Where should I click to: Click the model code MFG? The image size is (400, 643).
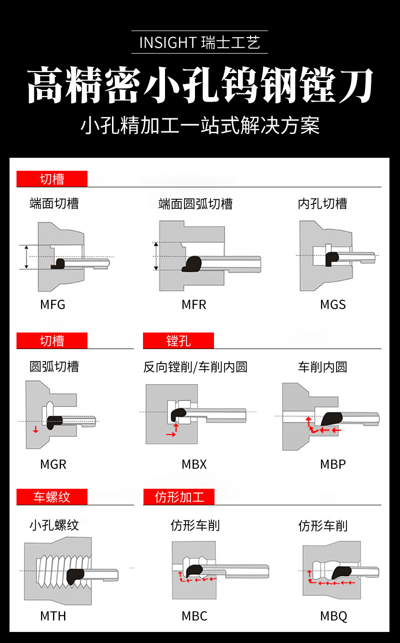coord(52,304)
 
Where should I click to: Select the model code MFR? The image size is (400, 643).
coord(194,304)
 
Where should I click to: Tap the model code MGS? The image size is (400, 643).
coord(333,304)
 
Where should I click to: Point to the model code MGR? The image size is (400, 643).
coord(53,464)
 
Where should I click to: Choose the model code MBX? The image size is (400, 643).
coord(194,464)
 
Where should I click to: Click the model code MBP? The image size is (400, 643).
coord(333,464)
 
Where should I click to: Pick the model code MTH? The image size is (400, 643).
coord(53,616)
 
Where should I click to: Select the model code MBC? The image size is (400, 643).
coord(194,616)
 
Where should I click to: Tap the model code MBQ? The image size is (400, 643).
coord(333,616)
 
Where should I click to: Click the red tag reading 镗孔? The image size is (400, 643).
coord(178,341)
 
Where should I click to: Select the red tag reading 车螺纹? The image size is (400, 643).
coord(52,497)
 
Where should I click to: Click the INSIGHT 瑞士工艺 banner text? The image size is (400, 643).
coord(199,43)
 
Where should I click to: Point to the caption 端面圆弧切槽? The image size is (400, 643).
coord(195,204)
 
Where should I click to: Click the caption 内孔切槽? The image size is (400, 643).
coord(322,204)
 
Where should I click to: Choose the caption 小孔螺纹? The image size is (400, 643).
coord(54,525)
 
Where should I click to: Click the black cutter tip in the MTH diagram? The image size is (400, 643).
coord(75,576)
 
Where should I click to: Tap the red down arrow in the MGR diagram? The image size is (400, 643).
coord(35,430)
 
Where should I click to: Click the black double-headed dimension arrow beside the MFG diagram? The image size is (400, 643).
coord(26,257)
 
